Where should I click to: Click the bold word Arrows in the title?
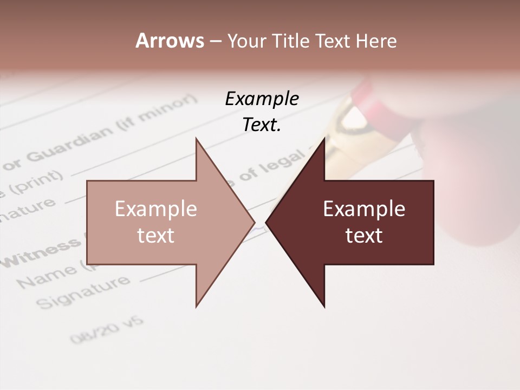pos(170,41)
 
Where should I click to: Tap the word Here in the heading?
pos(377,41)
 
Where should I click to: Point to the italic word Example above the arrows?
pos(262,99)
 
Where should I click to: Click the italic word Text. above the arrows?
pos(262,125)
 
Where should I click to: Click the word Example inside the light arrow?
pos(156,209)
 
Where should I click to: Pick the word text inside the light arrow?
pos(156,236)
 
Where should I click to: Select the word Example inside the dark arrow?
pos(364,209)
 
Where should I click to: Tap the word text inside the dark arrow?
pos(364,236)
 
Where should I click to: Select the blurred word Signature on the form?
pos(84,293)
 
